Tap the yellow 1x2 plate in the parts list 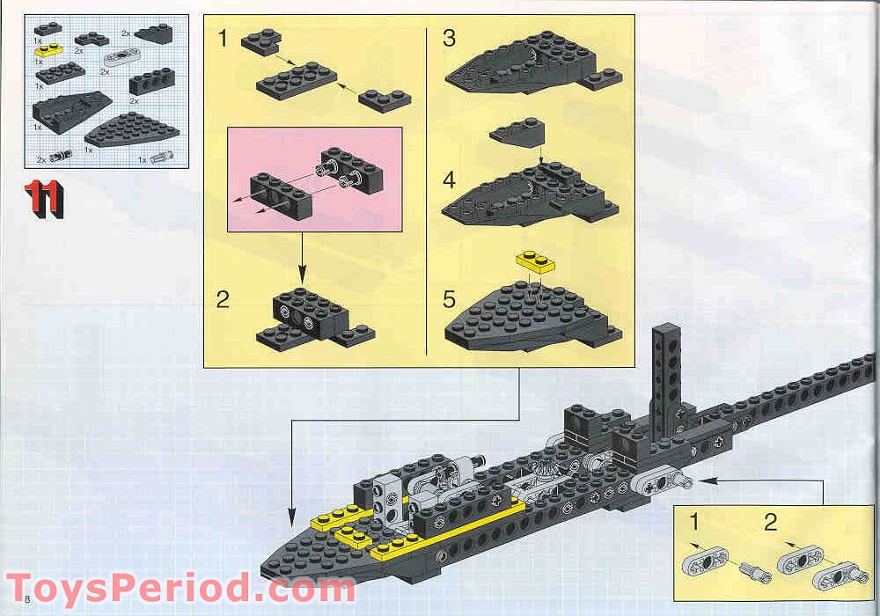tap(48, 51)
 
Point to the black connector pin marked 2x tap(60, 157)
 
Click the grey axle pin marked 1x tap(160, 158)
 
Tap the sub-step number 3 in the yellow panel tap(450, 39)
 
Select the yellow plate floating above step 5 tap(533, 261)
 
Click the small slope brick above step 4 tap(517, 133)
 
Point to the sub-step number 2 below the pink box tap(224, 300)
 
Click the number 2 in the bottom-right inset tap(771, 523)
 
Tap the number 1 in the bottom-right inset tap(693, 523)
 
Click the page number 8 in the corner tap(29, 599)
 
